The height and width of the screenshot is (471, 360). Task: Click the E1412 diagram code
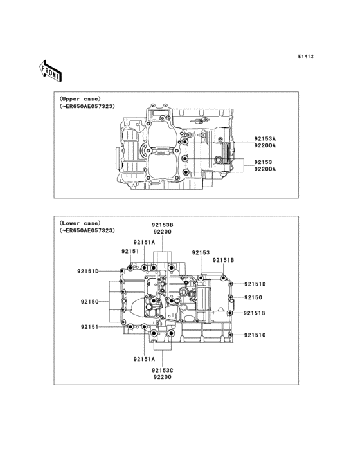click(x=306, y=56)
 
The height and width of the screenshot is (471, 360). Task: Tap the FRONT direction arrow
click(x=50, y=71)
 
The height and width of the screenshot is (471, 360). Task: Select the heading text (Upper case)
click(x=80, y=99)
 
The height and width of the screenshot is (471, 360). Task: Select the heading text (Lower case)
click(x=80, y=223)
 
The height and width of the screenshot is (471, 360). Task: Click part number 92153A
click(x=265, y=139)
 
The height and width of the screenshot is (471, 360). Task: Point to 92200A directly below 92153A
click(x=265, y=145)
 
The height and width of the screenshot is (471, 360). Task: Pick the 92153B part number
click(x=162, y=225)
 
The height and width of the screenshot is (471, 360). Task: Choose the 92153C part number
click(x=162, y=371)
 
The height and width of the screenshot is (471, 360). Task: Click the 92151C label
click(x=255, y=335)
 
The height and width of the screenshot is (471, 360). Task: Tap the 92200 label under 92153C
click(x=162, y=377)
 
